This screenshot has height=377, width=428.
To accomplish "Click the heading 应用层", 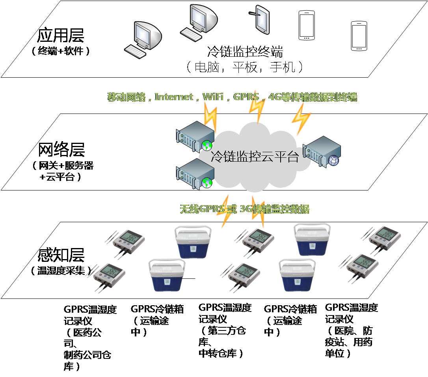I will click(x=60, y=35).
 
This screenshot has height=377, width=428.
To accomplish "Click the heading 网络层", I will click(x=61, y=150).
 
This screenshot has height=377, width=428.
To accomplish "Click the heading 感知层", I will click(x=61, y=255).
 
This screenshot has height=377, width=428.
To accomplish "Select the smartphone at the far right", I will click(x=359, y=36).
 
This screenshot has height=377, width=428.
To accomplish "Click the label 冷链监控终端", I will click(x=245, y=52).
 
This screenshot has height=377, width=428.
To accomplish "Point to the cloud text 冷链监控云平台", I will click(x=254, y=157).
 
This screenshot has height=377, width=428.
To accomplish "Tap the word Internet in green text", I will click(x=174, y=97).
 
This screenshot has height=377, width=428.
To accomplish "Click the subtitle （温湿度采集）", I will click(x=61, y=271).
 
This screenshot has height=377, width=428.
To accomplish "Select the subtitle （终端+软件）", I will click(x=61, y=51).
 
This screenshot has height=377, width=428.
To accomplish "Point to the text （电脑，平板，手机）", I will click(x=245, y=67).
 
